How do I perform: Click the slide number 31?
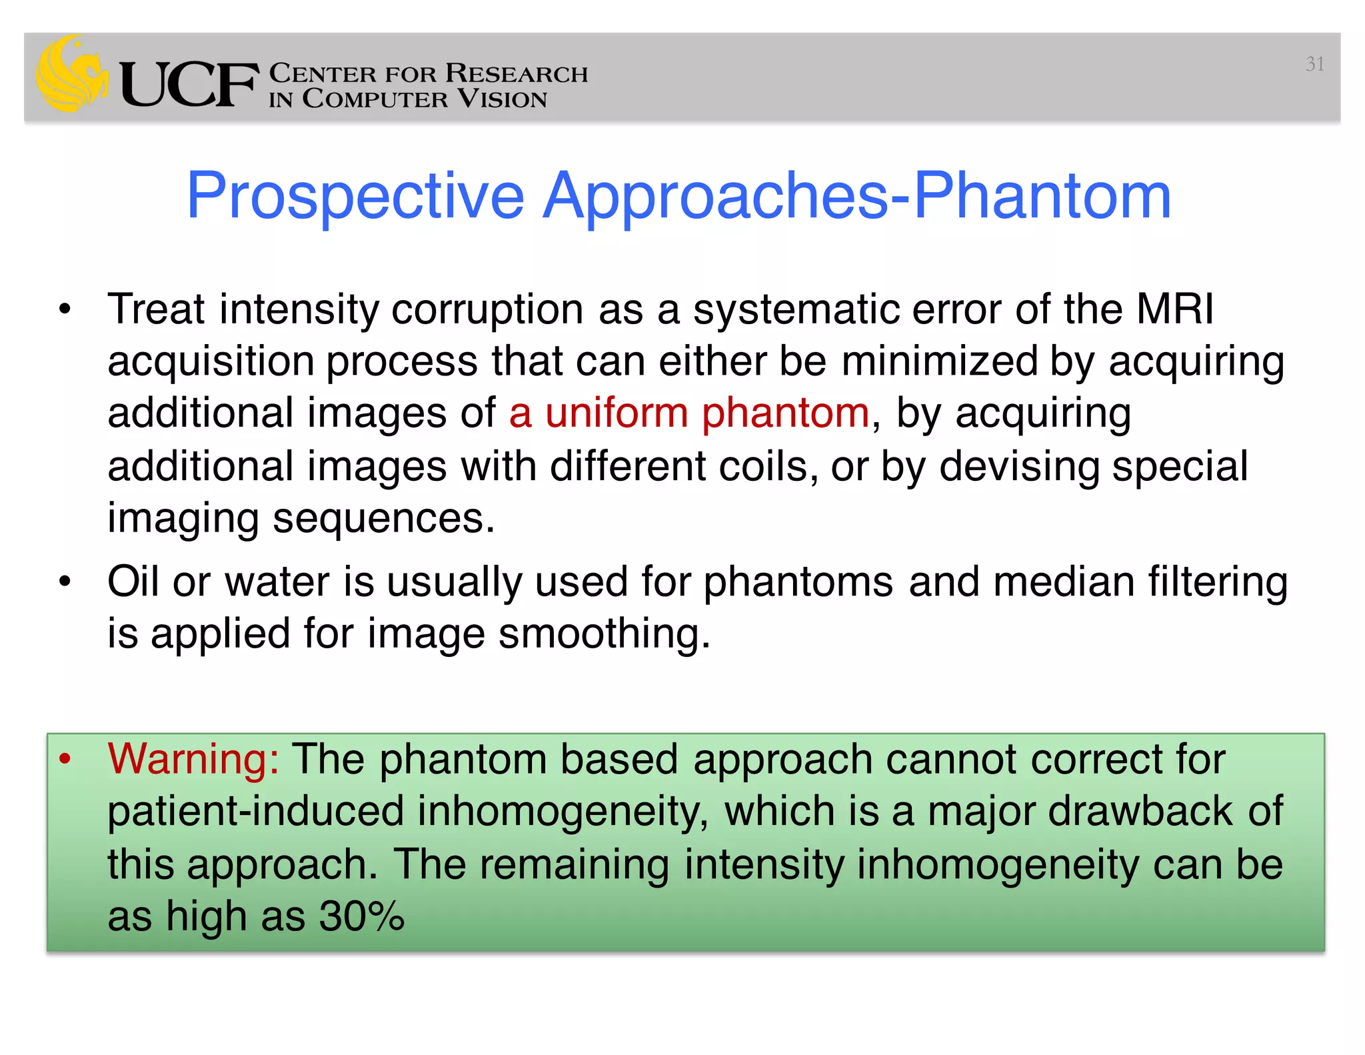[x=1314, y=64]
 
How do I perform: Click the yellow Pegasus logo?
[x=72, y=75]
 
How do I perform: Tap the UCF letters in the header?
[x=189, y=85]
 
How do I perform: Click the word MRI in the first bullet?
[x=1174, y=309]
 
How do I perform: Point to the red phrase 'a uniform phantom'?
[x=688, y=413]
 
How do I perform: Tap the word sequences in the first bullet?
[x=384, y=518]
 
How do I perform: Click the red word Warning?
[x=193, y=759]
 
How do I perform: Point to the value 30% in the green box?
[x=361, y=916]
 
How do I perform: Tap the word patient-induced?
[x=255, y=812]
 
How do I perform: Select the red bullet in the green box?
[x=65, y=759]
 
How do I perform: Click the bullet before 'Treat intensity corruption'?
[x=65, y=309]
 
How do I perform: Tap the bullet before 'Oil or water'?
[x=65, y=581]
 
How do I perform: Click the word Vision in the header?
[x=502, y=99]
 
